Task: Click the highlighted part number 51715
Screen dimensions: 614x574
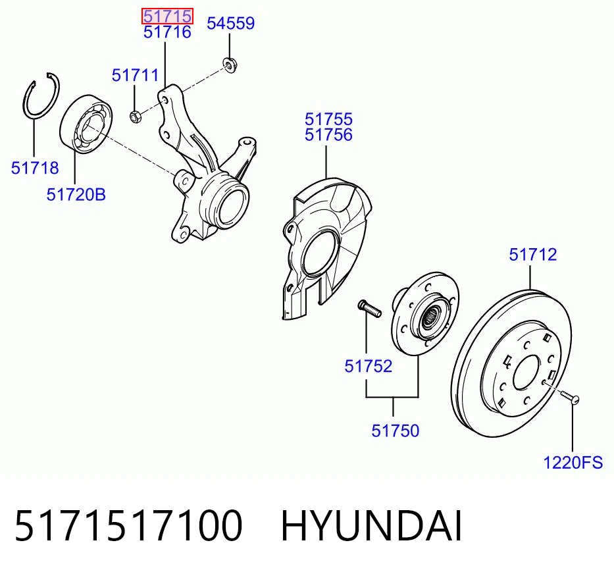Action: pos(167,16)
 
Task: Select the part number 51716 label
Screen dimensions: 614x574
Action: pos(167,32)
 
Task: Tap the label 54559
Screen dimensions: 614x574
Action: pos(230,23)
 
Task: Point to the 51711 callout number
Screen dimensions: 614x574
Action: pos(135,75)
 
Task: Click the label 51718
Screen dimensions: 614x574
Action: pos(35,168)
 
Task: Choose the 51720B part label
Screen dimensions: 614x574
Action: pos(76,194)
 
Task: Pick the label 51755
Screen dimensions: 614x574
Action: pos(328,119)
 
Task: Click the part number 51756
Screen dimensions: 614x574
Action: pos(328,135)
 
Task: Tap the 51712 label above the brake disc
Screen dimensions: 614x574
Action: pos(532,255)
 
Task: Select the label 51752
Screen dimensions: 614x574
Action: pos(368,367)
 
